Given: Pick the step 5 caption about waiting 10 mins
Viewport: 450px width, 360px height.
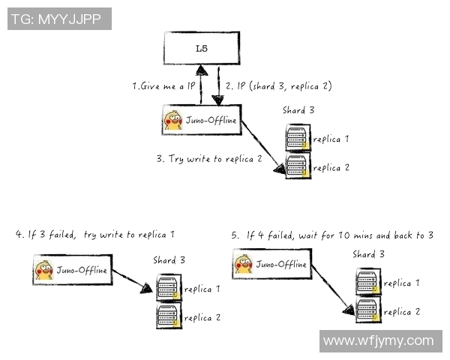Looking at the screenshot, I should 331,235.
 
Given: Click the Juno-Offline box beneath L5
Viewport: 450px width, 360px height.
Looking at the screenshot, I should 202,120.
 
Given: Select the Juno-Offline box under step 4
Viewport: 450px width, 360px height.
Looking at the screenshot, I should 73,269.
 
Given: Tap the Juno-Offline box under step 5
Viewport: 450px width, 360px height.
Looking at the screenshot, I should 272,264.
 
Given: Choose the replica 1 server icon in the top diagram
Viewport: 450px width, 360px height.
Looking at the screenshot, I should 297,139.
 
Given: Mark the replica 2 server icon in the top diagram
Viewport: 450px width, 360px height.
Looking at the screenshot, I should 297,166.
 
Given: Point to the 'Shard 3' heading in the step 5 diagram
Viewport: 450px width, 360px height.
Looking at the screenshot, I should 369,254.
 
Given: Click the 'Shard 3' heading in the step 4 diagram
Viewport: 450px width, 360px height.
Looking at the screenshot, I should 169,260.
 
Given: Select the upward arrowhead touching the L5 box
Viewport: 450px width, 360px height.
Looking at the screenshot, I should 201,70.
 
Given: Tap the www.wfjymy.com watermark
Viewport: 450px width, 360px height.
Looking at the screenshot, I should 378,341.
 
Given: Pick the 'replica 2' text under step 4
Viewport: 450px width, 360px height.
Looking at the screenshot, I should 202,317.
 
